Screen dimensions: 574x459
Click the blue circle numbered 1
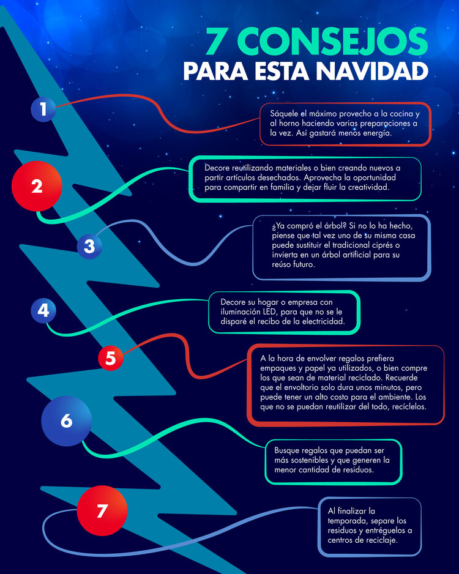[43, 110]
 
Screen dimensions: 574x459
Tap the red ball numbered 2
[37, 186]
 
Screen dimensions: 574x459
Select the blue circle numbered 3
[89, 247]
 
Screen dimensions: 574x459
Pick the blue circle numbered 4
[43, 310]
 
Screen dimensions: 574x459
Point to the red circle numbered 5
[110, 359]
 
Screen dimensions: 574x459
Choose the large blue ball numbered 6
[66, 420]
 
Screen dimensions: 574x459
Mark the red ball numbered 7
[102, 510]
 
